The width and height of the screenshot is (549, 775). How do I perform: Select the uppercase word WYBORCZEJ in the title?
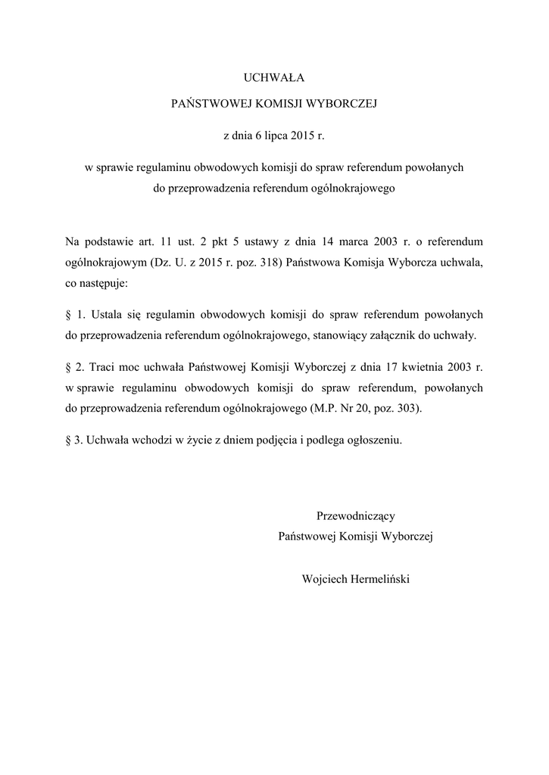tap(341, 106)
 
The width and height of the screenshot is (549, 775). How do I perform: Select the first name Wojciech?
tap(323, 579)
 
